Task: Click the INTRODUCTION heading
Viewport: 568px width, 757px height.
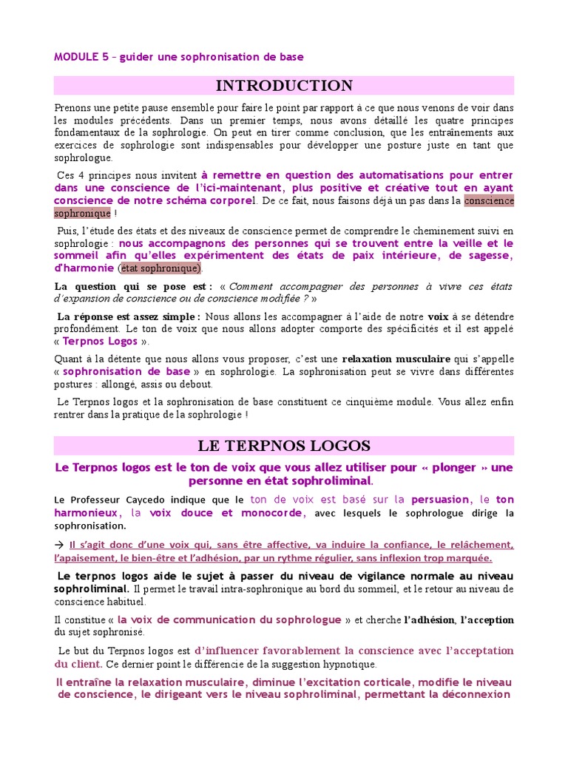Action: pos(285,85)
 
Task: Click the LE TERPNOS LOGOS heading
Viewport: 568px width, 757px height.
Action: pos(285,446)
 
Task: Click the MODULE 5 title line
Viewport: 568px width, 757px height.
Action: pos(179,57)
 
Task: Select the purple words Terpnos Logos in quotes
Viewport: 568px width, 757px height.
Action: pos(101,342)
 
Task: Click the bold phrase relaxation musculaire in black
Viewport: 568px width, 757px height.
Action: pos(396,359)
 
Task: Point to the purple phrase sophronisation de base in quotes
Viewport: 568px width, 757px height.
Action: pos(126,371)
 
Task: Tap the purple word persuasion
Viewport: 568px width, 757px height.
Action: pos(441,500)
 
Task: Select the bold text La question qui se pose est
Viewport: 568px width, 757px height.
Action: pos(134,286)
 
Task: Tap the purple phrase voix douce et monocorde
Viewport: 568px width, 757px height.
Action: pos(226,512)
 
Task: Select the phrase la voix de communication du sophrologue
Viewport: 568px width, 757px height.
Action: pos(229,619)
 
